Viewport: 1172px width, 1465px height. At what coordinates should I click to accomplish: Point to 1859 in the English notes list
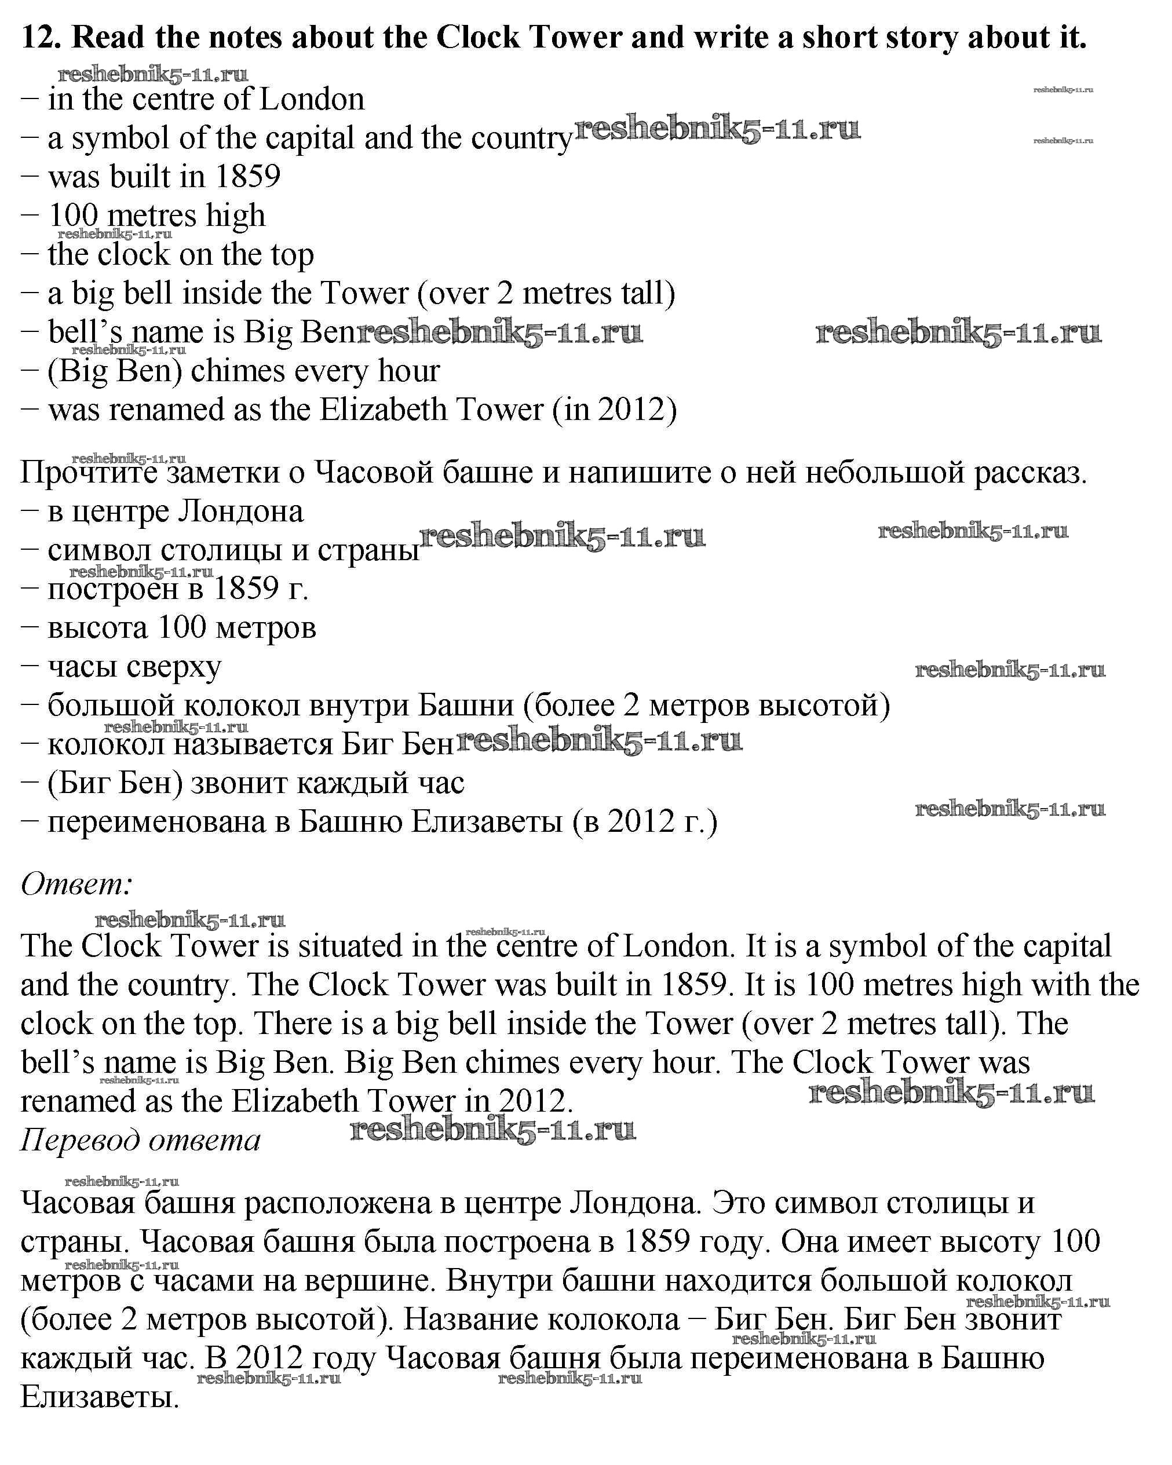pos(247,177)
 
